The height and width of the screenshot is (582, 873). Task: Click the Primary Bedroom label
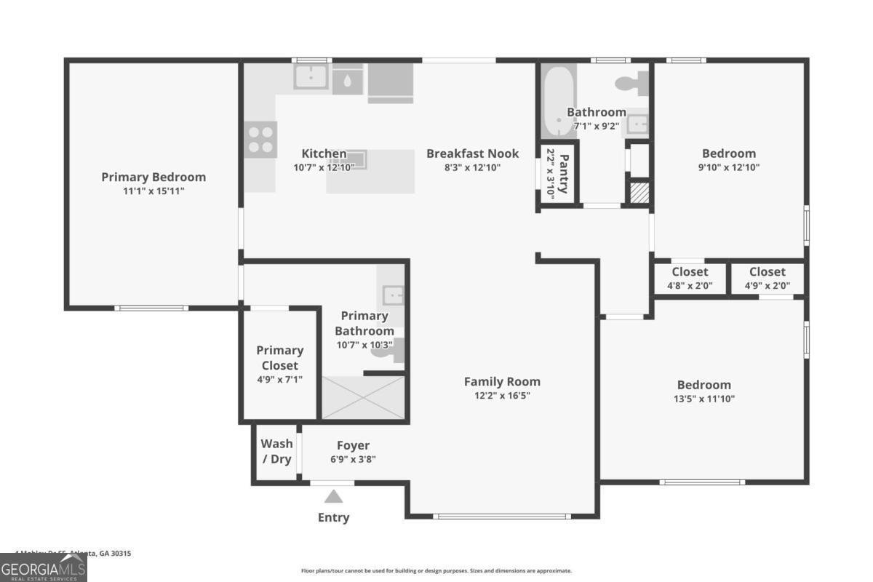pyautogui.click(x=154, y=177)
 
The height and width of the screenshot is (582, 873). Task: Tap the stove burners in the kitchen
pyautogui.click(x=261, y=138)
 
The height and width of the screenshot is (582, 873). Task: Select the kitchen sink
pyautogui.click(x=312, y=76)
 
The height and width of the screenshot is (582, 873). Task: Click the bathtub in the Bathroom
pyautogui.click(x=559, y=101)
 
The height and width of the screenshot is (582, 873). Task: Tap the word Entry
pyautogui.click(x=333, y=517)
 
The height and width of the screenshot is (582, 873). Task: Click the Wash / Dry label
pyautogui.click(x=276, y=451)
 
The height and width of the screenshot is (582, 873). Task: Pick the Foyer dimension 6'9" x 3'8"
pyautogui.click(x=353, y=459)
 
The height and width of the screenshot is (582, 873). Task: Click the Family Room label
pyautogui.click(x=502, y=381)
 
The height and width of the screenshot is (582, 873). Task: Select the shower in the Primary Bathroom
pyautogui.click(x=362, y=397)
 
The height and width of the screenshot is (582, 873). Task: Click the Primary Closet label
pyautogui.click(x=279, y=357)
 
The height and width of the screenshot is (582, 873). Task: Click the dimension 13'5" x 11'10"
pyautogui.click(x=704, y=399)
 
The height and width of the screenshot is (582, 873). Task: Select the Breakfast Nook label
pyautogui.click(x=473, y=154)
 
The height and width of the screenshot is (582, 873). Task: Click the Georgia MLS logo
pyautogui.click(x=44, y=567)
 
